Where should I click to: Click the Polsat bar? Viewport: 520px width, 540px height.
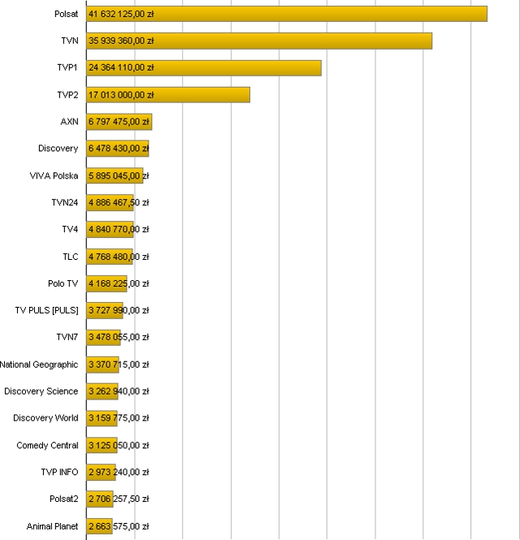point(287,14)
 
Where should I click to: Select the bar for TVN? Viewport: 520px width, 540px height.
point(259,41)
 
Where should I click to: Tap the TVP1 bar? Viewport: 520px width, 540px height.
point(204,67)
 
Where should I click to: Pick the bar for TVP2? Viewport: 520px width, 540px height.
point(168,95)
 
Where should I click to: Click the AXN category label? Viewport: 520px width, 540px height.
point(69,122)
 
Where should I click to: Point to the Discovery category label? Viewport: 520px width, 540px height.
point(58,149)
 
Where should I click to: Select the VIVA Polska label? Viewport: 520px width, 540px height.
point(54,175)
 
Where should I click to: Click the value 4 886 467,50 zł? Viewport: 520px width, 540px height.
point(119,202)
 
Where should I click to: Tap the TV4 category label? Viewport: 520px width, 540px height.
point(70,229)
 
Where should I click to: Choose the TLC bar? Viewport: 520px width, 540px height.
point(110,257)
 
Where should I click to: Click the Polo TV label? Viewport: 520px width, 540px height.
point(63,283)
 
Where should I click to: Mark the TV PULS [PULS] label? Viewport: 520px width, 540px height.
point(47,310)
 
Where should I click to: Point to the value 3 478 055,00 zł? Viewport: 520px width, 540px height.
point(119,337)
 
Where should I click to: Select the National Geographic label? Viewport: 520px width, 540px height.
point(39,365)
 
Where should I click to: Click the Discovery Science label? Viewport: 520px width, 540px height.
point(41,391)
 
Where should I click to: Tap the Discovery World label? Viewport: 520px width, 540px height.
point(45,418)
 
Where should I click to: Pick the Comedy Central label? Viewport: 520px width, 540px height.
point(47,445)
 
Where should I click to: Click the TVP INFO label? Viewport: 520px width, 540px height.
point(59,472)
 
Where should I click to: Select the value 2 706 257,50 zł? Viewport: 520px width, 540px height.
point(119,499)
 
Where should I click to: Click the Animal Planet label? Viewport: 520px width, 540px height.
point(52,526)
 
